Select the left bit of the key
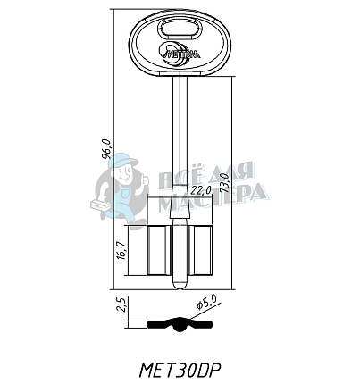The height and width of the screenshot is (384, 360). coord(158,250)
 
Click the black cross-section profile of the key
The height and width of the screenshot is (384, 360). coord(181,325)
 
